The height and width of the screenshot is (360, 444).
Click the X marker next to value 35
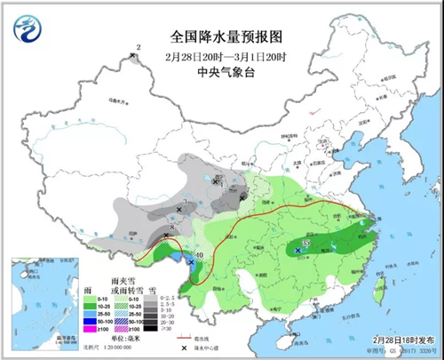point(297,252)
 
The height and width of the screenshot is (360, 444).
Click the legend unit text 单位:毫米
point(125,339)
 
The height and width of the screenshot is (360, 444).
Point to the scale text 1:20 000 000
point(125,348)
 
